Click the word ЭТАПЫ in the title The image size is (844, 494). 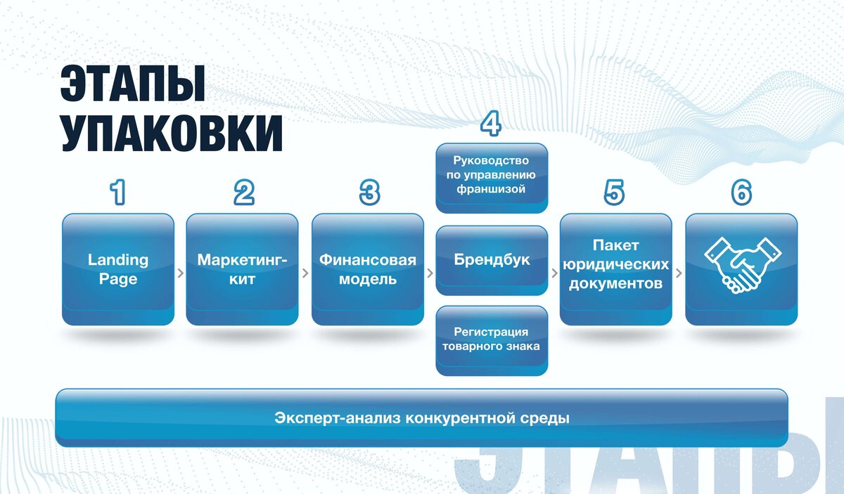coord(133,83)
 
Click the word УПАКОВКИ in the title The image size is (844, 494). coord(172,133)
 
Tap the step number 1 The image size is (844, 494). coord(118,193)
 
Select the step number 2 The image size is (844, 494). coord(244,193)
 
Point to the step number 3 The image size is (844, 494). coord(369,193)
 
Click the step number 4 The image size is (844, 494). coord(491,123)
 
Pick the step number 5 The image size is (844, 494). coord(614,193)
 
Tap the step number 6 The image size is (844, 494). coord(741,193)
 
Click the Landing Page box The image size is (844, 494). coord(118,269)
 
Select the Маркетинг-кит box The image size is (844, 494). coord(242,269)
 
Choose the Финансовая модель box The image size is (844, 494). coord(368,269)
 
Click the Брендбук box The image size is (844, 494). coord(492,260)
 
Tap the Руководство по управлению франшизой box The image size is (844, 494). coord(492,178)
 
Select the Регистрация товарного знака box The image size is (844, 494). coord(492,341)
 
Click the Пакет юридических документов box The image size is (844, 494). coord(616,269)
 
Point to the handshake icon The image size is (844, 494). coord(743,265)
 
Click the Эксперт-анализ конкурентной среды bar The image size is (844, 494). coord(421,418)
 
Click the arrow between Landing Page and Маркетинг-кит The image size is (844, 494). coord(181,273)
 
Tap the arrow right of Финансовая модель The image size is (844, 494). coord(430,273)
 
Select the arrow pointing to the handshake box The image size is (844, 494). coord(679,273)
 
